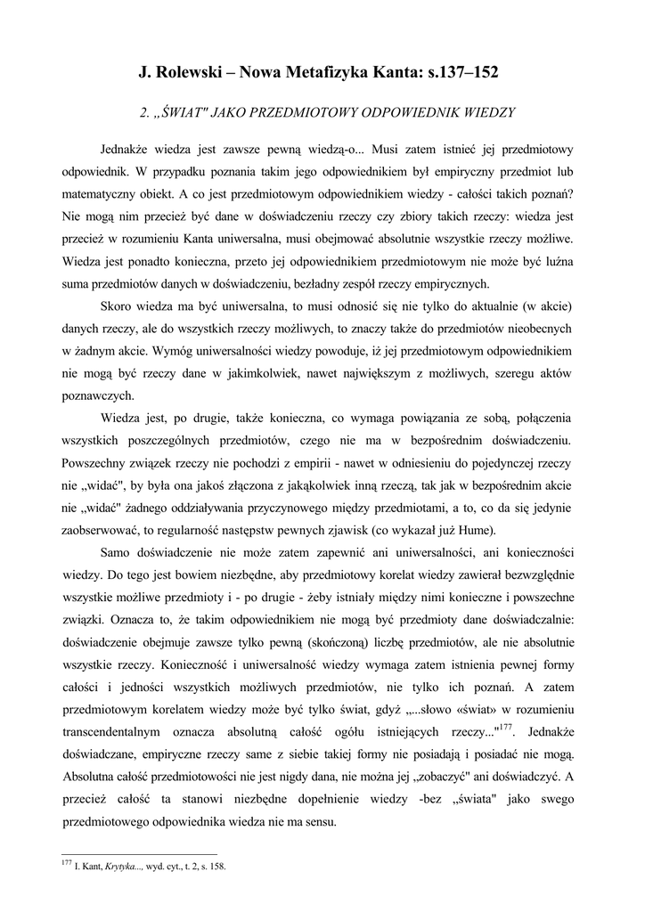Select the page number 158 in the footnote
coord(216,867)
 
